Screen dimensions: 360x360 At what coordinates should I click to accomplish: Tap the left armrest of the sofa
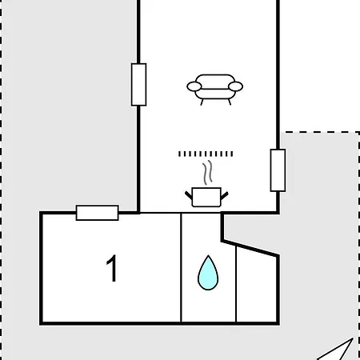194,86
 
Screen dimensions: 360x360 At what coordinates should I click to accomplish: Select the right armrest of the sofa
236,86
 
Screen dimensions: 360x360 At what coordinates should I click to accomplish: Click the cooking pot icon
206,198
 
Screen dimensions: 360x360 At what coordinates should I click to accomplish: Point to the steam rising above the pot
207,173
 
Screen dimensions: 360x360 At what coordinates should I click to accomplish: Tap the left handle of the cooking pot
189,195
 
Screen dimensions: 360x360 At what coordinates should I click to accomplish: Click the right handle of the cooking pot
224,195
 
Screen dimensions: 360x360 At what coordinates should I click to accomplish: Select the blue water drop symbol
208,273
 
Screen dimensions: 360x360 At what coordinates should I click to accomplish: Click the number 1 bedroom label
112,268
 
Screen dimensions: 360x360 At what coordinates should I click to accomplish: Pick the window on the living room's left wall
138,85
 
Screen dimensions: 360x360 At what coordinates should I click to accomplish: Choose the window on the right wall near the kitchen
278,170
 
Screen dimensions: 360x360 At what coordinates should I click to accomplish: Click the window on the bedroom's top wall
98,213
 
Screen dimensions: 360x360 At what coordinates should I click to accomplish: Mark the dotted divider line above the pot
206,154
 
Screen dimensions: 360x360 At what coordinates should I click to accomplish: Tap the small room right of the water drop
257,286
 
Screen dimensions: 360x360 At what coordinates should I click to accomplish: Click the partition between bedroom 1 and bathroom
181,267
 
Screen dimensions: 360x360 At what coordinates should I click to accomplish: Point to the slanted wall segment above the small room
250,249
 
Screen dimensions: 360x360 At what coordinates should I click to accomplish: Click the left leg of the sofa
202,102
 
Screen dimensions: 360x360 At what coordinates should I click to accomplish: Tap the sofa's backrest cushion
215,82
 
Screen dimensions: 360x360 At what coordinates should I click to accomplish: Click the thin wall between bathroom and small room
236,284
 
